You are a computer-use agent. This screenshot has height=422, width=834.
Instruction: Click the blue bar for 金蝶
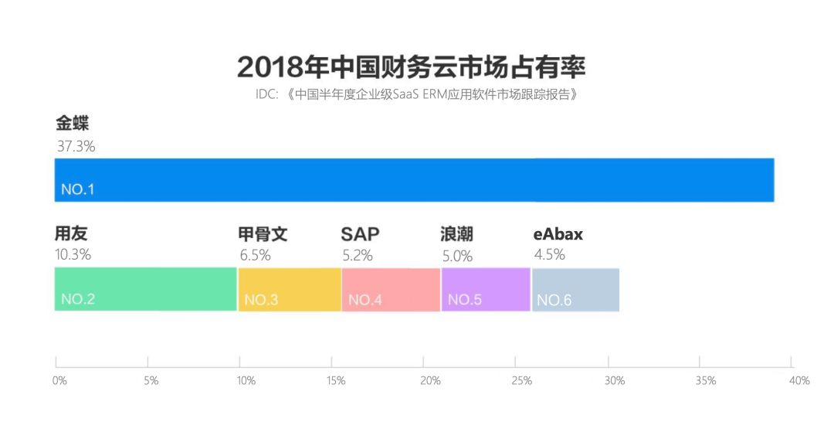(414, 180)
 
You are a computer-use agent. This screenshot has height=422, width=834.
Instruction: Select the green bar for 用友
(145, 289)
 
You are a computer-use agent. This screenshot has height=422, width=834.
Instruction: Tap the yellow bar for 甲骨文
(290, 289)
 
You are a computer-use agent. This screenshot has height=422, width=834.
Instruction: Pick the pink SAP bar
(391, 289)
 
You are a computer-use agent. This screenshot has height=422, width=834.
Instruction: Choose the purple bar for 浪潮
(486, 289)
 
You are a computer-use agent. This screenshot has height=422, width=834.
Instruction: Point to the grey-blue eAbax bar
(575, 289)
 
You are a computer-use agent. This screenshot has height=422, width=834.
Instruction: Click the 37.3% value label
(76, 146)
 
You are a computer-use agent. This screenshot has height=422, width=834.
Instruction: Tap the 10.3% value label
(73, 254)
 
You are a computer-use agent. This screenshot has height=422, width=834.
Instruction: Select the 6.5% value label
(255, 255)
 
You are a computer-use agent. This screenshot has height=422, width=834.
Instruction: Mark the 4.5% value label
(550, 254)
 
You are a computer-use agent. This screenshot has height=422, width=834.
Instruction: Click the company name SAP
(360, 234)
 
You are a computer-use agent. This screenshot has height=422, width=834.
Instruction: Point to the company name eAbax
(558, 234)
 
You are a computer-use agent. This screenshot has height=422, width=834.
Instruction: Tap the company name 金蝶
(74, 124)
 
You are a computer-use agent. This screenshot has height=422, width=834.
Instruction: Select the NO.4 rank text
(364, 300)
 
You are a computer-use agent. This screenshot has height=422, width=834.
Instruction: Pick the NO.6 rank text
(554, 300)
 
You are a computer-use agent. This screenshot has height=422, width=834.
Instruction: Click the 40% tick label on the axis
(799, 381)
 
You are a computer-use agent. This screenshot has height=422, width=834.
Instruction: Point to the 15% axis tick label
(336, 381)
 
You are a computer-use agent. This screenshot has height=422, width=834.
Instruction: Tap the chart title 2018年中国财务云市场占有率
(411, 67)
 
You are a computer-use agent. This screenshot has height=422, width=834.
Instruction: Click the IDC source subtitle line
(416, 95)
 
